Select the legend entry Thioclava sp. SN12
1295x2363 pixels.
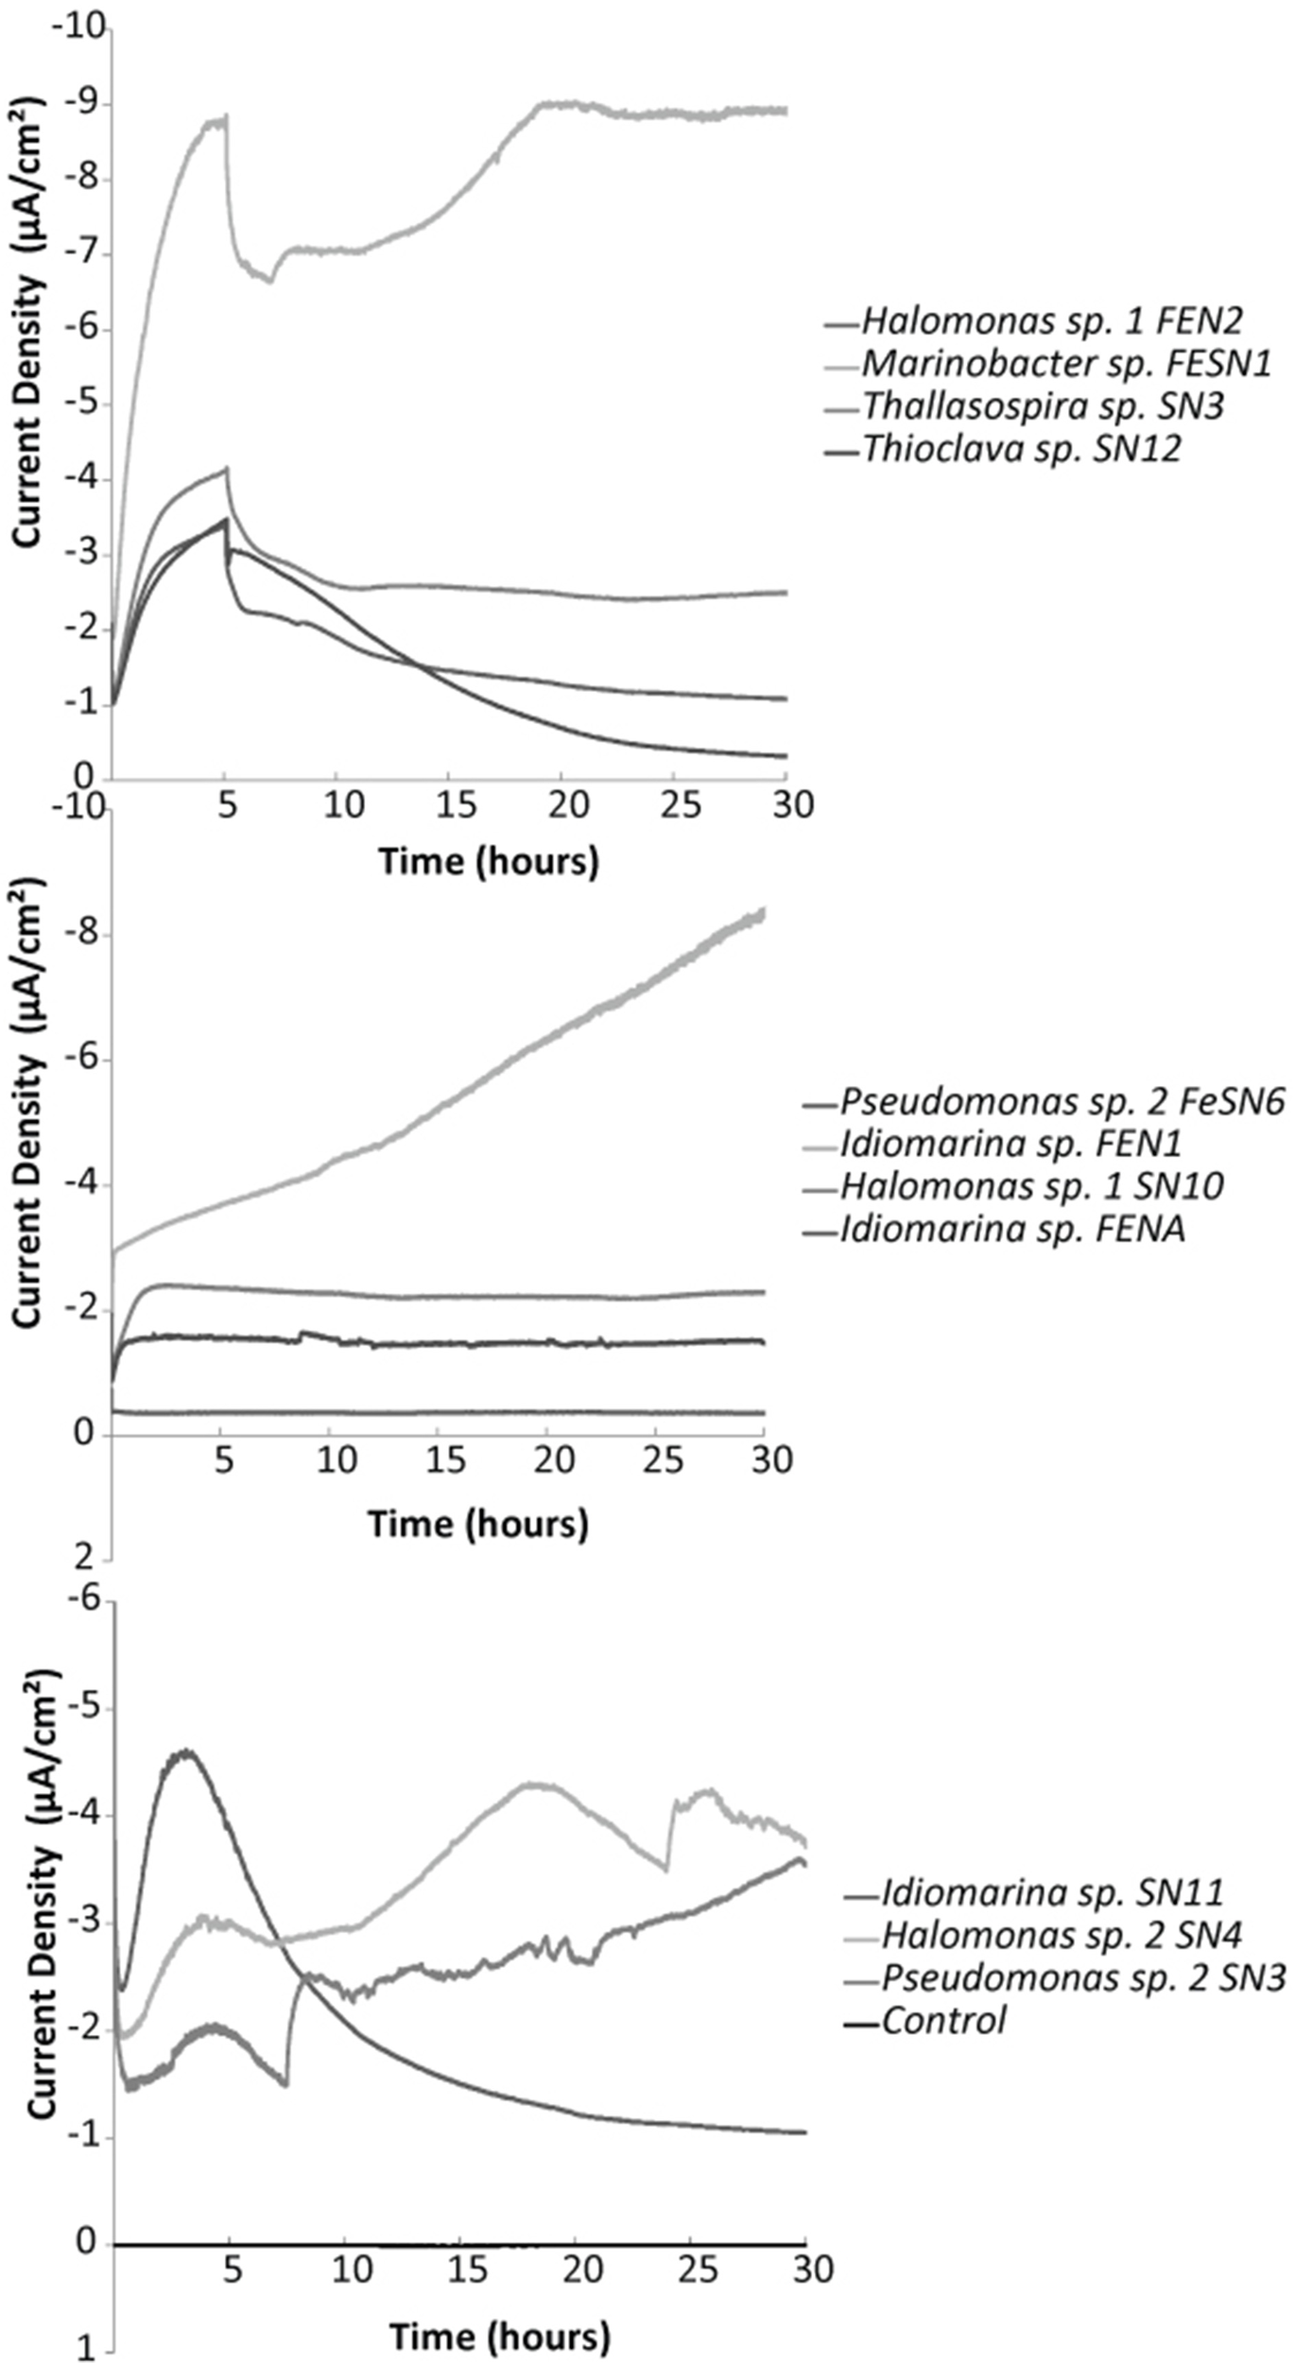(1021, 449)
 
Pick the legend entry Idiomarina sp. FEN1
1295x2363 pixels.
(1010, 1144)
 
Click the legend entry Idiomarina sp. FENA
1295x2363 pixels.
(1012, 1229)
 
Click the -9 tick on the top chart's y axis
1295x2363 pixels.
(82, 105)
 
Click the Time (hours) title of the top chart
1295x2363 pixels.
(489, 862)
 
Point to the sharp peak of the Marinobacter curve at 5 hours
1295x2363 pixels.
(226, 117)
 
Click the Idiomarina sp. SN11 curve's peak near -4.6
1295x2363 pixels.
(186, 1751)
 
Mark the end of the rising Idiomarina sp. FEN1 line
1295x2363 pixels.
(762, 910)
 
